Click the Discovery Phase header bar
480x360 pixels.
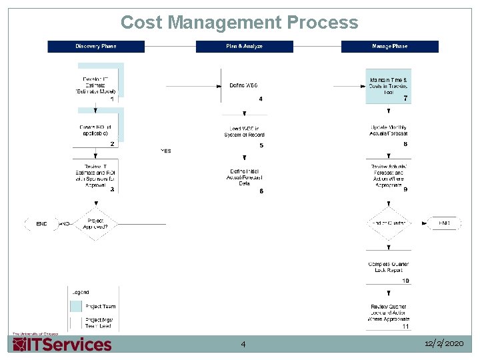pyautogui.click(x=96, y=47)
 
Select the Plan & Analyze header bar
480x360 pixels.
pyautogui.click(x=244, y=47)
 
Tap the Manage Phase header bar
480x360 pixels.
pyautogui.click(x=390, y=47)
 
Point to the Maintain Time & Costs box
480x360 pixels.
pyautogui.click(x=388, y=86)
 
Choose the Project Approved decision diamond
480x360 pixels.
pyautogui.click(x=95, y=224)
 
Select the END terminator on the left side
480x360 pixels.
pyautogui.click(x=41, y=224)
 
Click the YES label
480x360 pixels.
pyautogui.click(x=166, y=151)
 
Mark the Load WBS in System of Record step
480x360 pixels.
pyautogui.click(x=244, y=132)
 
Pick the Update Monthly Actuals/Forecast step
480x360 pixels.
pyautogui.click(x=389, y=131)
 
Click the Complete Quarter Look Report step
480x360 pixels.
pyautogui.click(x=389, y=267)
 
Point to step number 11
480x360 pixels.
pyautogui.click(x=405, y=327)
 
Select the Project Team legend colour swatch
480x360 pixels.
pyautogui.click(x=76, y=307)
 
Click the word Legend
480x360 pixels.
pyautogui.click(x=79, y=292)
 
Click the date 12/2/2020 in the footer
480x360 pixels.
pyautogui.click(x=443, y=343)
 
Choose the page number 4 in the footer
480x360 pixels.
pyautogui.click(x=243, y=344)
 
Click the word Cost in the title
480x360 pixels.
pyautogui.click(x=141, y=23)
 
